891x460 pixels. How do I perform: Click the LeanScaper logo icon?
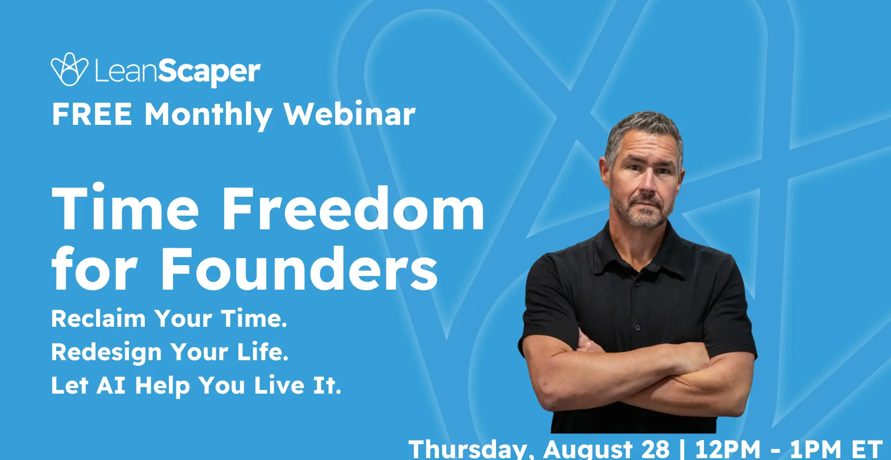(x=69, y=69)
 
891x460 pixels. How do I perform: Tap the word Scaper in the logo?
(x=209, y=72)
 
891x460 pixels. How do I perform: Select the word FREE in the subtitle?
(x=92, y=114)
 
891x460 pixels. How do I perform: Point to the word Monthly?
(x=208, y=115)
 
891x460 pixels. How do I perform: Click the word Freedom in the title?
(x=353, y=208)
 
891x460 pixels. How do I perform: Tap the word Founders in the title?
(x=299, y=269)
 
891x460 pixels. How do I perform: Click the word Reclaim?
(x=98, y=318)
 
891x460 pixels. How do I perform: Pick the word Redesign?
(x=106, y=353)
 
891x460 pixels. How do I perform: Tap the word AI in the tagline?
(x=111, y=386)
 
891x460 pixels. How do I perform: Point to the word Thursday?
(x=468, y=449)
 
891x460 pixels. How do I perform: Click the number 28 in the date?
(x=655, y=449)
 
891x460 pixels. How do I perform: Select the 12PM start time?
(x=728, y=449)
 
